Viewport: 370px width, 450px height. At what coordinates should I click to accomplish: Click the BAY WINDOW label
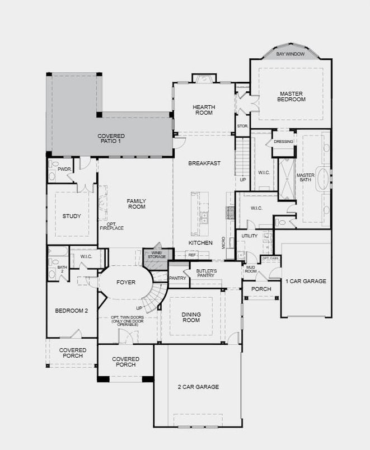290,54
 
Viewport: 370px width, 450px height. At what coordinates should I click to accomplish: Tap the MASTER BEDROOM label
291,96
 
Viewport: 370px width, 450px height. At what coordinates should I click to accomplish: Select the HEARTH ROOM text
204,110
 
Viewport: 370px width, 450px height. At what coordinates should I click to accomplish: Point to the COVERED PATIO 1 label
111,139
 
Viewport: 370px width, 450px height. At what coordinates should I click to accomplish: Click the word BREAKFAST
204,163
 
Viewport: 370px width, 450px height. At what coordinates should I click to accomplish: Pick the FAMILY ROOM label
137,204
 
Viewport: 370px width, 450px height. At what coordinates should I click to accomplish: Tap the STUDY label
72,216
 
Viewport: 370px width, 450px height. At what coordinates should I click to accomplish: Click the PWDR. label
64,170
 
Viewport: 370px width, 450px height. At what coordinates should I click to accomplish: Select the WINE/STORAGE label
157,255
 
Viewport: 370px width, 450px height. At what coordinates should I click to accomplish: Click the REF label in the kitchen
192,255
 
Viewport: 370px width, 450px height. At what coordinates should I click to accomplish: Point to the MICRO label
223,242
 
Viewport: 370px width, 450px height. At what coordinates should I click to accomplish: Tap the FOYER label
126,283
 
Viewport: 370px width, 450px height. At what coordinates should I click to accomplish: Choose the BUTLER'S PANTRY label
207,273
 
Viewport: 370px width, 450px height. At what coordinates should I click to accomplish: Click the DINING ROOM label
191,317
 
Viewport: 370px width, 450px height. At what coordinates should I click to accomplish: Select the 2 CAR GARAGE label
198,387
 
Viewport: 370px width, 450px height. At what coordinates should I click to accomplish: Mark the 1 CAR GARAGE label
306,281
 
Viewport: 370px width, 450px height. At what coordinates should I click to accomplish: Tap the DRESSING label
283,142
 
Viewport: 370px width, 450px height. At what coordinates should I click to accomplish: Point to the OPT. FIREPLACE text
111,226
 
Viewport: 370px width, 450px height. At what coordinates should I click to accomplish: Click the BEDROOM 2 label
72,311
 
